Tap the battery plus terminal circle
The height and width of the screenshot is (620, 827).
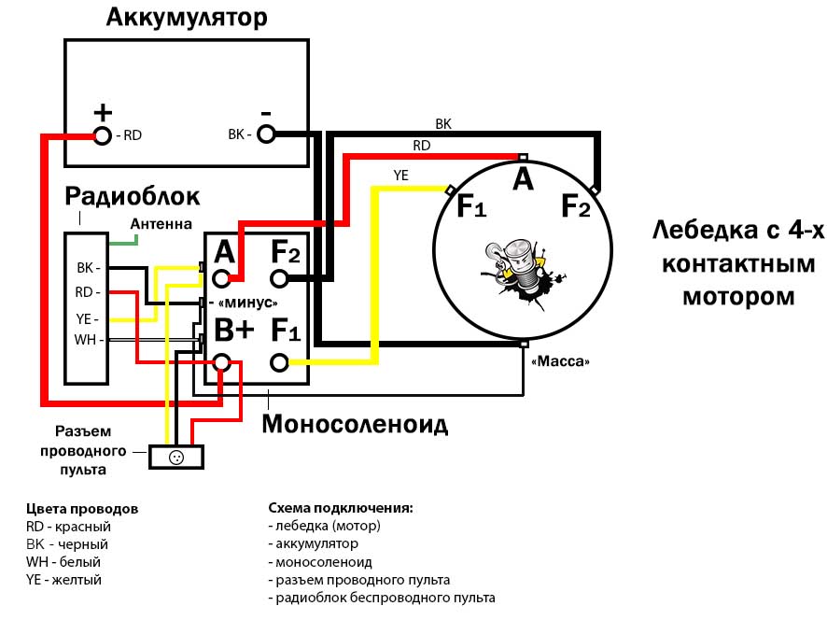(x=103, y=136)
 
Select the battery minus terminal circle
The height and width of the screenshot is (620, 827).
(x=267, y=134)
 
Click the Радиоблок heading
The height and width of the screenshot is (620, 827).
(x=132, y=196)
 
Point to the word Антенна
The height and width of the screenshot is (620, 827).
(x=161, y=224)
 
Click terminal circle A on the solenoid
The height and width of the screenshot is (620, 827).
(x=222, y=277)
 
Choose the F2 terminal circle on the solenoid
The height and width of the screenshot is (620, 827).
(x=279, y=277)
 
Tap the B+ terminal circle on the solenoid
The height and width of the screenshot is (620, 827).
(x=222, y=362)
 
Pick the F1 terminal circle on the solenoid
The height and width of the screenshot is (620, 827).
(x=279, y=362)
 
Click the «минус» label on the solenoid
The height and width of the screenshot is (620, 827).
(x=246, y=303)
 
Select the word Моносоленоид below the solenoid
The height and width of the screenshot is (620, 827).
(x=355, y=425)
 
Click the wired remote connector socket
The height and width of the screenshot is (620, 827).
(x=175, y=457)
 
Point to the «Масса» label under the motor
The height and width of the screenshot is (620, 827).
(x=560, y=360)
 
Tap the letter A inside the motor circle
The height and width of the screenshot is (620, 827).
(x=523, y=178)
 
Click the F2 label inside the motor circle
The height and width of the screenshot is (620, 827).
(x=575, y=207)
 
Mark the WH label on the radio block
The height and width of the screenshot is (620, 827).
(x=86, y=340)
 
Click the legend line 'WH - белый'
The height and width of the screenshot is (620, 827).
(x=63, y=562)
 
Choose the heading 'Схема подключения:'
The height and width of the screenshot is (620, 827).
(x=340, y=509)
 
